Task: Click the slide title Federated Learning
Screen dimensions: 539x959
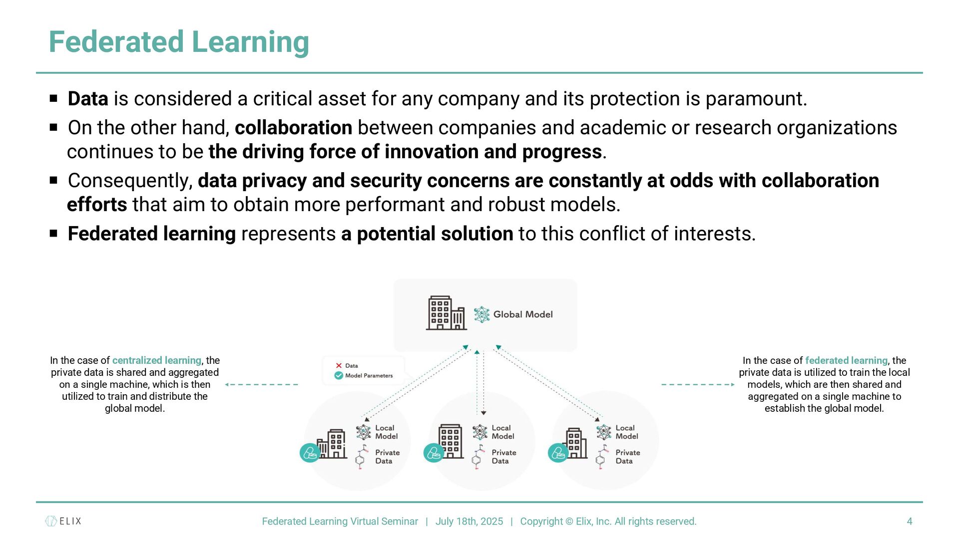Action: pos(179,42)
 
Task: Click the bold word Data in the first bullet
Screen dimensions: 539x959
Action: pos(88,99)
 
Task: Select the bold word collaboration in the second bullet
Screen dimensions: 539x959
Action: pos(293,128)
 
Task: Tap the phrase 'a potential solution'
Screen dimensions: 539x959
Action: pos(427,234)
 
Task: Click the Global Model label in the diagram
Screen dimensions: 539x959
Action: pos(523,314)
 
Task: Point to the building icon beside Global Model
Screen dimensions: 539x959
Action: pos(446,313)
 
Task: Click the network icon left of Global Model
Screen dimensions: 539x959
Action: pos(481,314)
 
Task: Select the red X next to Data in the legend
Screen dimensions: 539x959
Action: pos(339,366)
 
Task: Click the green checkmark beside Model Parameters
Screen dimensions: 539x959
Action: pos(339,376)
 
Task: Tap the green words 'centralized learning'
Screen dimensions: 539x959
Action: pos(156,360)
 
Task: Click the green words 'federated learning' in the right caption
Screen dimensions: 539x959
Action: pos(846,360)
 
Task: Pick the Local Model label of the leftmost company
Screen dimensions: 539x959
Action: pos(386,432)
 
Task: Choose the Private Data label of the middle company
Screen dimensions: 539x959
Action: pos(503,457)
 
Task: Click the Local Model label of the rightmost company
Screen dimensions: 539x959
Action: pos(626,432)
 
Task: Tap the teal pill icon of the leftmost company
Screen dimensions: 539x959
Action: pos(310,453)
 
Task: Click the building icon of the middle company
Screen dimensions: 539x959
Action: pos(450,441)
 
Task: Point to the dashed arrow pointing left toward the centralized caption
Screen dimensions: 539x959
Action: pos(261,385)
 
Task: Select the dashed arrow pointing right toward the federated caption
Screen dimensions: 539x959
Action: pos(698,385)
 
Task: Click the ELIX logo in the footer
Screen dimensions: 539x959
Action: pos(63,521)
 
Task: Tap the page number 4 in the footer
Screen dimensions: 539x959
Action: pos(910,522)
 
